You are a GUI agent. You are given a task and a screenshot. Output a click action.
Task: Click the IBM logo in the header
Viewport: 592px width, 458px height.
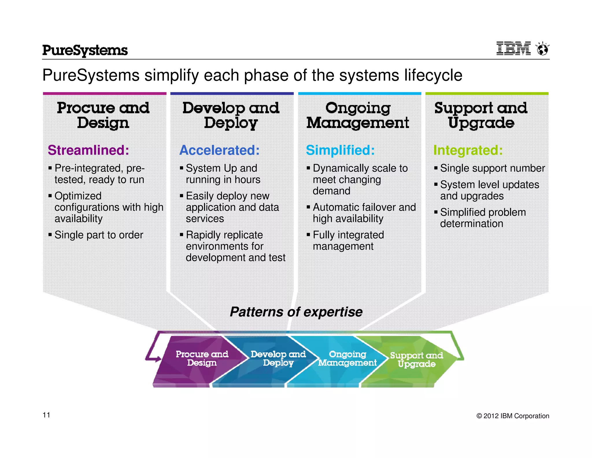tap(513, 48)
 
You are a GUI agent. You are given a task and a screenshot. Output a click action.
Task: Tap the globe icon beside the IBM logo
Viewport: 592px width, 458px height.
tap(543, 49)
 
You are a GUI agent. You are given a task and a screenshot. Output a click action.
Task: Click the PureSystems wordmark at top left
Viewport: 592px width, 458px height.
tap(85, 50)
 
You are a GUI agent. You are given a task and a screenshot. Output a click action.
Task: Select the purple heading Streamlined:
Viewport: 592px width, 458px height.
tap(88, 150)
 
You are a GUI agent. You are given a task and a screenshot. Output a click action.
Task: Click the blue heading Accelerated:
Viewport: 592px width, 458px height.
tap(219, 150)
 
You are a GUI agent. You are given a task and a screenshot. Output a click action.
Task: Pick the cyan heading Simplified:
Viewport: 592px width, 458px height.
tap(340, 150)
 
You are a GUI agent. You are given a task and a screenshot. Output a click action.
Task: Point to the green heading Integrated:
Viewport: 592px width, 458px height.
tap(468, 150)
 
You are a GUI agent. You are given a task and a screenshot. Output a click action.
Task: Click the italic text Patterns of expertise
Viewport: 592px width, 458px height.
tap(296, 312)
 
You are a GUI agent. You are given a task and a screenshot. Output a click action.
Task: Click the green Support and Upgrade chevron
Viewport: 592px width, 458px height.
tap(416, 360)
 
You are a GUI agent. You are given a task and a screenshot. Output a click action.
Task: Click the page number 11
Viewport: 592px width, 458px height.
tap(47, 415)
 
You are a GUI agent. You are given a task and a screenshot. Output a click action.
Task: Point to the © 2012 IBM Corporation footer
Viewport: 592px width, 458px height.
tap(513, 416)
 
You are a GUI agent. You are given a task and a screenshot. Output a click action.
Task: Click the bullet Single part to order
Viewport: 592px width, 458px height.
tap(99, 235)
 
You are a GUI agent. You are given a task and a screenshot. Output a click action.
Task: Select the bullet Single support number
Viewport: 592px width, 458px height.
tap(492, 168)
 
